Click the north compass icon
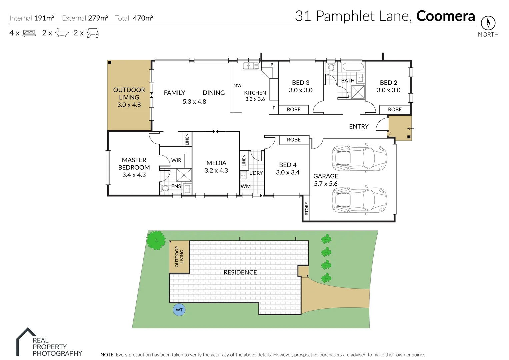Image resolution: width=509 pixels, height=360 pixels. (488, 23)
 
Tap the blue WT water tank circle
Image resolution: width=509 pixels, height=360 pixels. (179, 310)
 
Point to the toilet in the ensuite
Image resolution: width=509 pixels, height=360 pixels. (165, 188)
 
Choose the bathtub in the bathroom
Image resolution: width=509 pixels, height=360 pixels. (352, 67)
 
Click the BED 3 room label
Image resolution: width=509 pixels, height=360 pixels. (301, 83)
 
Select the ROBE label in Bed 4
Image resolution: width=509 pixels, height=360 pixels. (294, 140)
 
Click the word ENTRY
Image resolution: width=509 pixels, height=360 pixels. (359, 126)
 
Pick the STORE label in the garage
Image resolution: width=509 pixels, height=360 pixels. (307, 209)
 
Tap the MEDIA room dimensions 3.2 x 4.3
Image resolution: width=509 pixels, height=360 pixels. (216, 170)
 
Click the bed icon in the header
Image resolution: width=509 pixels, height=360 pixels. (29, 33)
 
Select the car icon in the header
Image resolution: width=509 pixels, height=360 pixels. (93, 33)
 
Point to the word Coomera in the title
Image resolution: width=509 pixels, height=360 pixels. (445, 16)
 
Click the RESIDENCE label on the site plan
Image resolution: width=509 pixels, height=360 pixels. (240, 272)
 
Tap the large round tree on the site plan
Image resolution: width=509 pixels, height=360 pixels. (156, 240)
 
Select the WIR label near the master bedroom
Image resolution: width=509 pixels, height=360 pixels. (176, 160)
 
